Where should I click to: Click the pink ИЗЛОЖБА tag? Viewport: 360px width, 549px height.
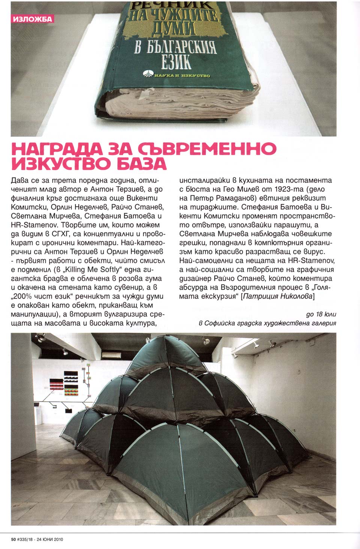coord(32,19)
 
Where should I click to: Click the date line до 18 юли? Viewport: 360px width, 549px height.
coord(321,314)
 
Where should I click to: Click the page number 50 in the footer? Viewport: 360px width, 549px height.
coord(13,539)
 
